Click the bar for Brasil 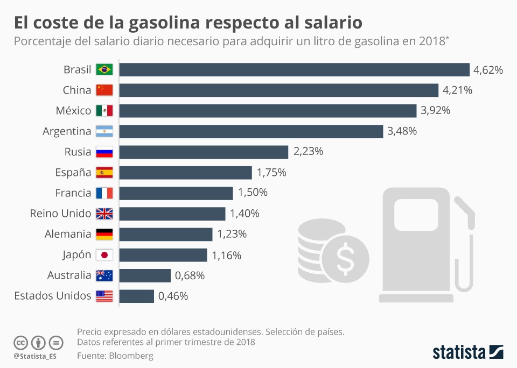point(294,70)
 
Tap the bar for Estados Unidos point(136,296)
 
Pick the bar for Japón point(163,255)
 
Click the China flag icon point(104,90)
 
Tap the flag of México point(104,111)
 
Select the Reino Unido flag point(104,214)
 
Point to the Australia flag point(104,275)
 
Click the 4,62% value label point(488,70)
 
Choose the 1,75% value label point(271,173)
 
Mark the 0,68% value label point(190,275)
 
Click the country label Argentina point(67,131)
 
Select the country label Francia point(73,193)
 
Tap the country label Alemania point(68,234)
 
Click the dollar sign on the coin point(345,259)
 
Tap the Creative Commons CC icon point(20,343)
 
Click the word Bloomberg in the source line point(131,356)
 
